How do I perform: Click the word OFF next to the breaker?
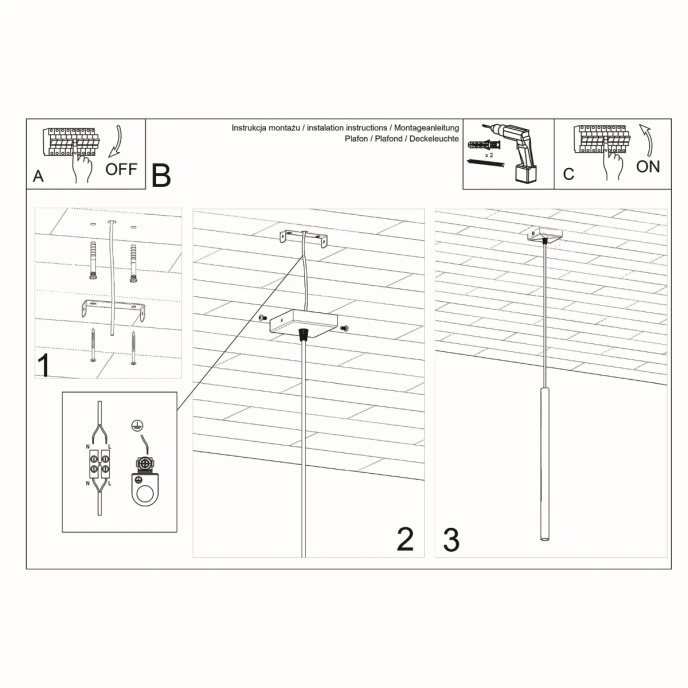point(120,168)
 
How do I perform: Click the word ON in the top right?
point(648,167)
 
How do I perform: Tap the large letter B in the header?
point(161,175)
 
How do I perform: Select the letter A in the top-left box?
point(38,175)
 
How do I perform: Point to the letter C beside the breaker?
point(568,174)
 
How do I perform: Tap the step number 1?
point(44,364)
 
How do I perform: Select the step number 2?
point(404,539)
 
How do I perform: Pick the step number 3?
point(451,539)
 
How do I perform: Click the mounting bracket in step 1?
point(109,309)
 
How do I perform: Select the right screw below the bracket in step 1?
point(133,346)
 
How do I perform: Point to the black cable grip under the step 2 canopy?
point(301,336)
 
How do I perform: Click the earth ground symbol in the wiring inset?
point(141,423)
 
